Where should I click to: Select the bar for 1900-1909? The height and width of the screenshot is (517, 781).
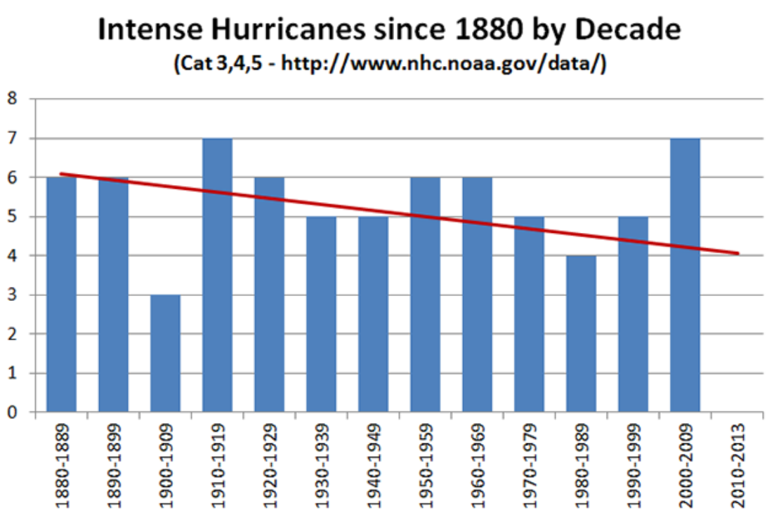165,354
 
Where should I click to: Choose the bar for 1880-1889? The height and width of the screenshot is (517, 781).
61,295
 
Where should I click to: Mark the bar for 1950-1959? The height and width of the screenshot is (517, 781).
425,295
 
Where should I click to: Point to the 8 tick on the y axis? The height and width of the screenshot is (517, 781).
12,99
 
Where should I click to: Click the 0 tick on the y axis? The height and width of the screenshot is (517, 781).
12,412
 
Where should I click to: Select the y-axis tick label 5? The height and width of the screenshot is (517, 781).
12,217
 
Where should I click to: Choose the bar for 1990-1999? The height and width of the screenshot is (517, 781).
633,315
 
